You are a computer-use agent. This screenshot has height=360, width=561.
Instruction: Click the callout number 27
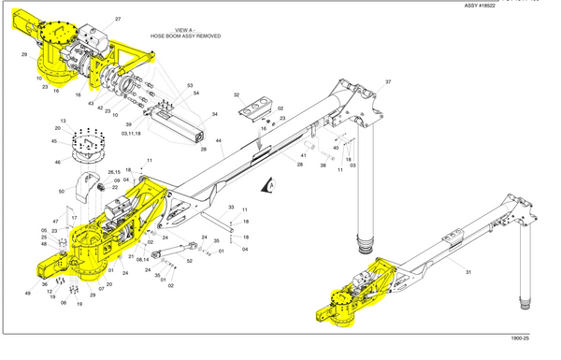(x=118, y=19)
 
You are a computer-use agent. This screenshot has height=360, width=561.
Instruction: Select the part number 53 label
(x=190, y=85)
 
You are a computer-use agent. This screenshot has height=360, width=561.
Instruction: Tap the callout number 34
(x=214, y=114)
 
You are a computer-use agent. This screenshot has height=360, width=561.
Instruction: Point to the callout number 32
(x=237, y=95)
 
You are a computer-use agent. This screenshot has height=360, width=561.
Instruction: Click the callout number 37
(x=388, y=82)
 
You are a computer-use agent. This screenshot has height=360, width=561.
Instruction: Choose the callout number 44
(x=220, y=141)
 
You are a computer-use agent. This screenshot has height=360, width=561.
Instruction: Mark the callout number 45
(x=54, y=142)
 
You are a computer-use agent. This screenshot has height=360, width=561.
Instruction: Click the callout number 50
(x=62, y=191)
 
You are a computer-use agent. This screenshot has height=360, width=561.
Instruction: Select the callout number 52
(x=189, y=261)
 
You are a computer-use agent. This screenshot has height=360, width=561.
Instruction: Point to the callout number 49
(x=28, y=294)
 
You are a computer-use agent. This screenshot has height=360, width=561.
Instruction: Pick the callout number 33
(x=231, y=207)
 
